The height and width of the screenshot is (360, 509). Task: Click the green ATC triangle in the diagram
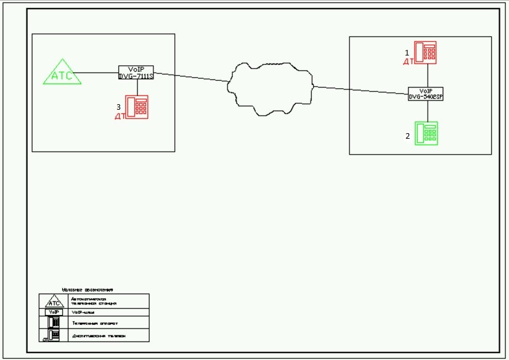(x=62, y=73)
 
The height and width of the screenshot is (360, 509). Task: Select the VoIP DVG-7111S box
(x=136, y=72)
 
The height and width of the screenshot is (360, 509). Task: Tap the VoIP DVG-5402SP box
(x=426, y=94)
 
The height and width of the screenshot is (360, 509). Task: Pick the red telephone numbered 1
(x=425, y=52)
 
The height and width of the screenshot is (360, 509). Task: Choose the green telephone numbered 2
(x=426, y=133)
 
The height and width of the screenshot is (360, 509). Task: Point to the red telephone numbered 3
(x=137, y=107)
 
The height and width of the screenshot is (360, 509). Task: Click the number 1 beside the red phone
(x=407, y=53)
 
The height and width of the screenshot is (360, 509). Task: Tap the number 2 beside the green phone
(x=407, y=136)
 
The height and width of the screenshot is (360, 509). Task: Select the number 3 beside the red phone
(x=118, y=107)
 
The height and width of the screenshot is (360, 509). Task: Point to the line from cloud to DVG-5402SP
(x=360, y=90)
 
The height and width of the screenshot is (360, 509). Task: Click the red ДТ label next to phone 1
(x=408, y=62)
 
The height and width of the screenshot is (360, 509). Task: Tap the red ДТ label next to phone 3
(x=120, y=116)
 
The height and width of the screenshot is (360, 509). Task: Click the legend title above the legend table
(x=89, y=289)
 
